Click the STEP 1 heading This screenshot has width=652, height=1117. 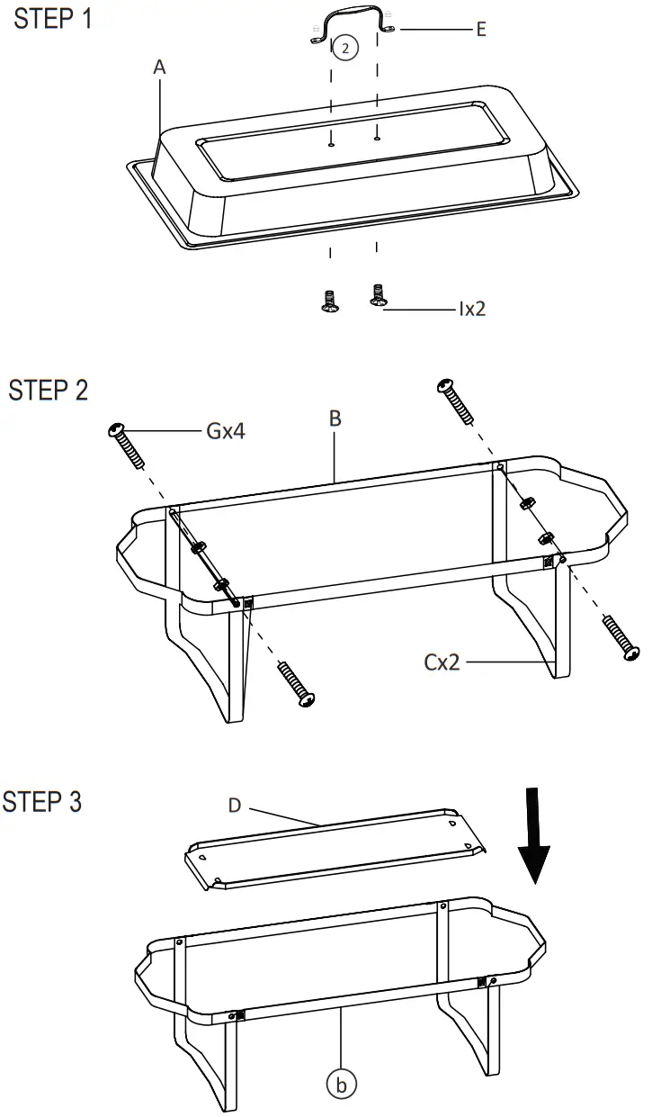coord(52,20)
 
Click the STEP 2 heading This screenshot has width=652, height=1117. coord(49,391)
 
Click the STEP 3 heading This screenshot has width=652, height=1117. coord(42,801)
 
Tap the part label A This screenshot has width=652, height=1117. coord(160,68)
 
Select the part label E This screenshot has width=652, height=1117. coord(481,30)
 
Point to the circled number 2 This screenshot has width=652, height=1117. coord(346,50)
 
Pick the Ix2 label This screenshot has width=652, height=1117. coord(472,310)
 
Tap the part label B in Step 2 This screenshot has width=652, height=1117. coord(335,419)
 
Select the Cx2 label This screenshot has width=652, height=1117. coord(443,663)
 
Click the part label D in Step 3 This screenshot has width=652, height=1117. coord(235,805)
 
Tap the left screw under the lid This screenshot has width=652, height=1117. coord(330,300)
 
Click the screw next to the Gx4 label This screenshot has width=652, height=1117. coord(128,444)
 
